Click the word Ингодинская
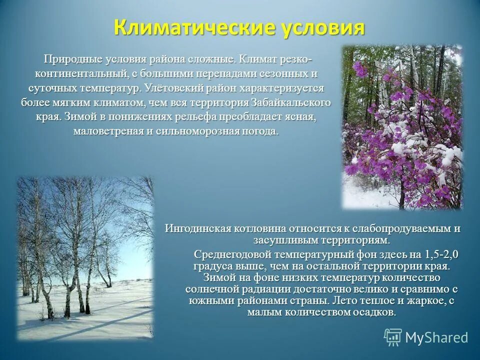pos(196,228)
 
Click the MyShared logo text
pos(436,337)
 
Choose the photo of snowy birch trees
pos(86,258)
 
